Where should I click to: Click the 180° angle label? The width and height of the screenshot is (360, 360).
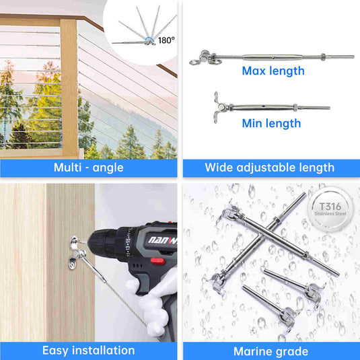166,40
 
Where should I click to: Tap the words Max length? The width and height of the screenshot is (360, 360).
273,71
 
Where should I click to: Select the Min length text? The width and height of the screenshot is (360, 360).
271,123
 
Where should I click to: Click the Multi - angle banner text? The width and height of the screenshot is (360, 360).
89,168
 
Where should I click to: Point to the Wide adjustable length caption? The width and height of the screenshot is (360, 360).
270,168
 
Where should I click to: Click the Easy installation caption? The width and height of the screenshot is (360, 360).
89,351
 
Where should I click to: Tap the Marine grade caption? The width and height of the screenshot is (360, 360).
271,351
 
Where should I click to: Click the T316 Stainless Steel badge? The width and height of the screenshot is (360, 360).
330,209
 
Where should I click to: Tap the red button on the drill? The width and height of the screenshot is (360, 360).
157,261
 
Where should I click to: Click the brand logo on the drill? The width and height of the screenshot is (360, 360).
163,240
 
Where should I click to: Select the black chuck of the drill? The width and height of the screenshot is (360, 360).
108,244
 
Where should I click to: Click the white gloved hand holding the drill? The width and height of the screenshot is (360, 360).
154,305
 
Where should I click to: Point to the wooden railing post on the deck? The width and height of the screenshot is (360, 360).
69,88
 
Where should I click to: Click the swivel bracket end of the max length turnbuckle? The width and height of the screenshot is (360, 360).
206,58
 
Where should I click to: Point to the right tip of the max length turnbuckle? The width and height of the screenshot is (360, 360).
353,57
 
